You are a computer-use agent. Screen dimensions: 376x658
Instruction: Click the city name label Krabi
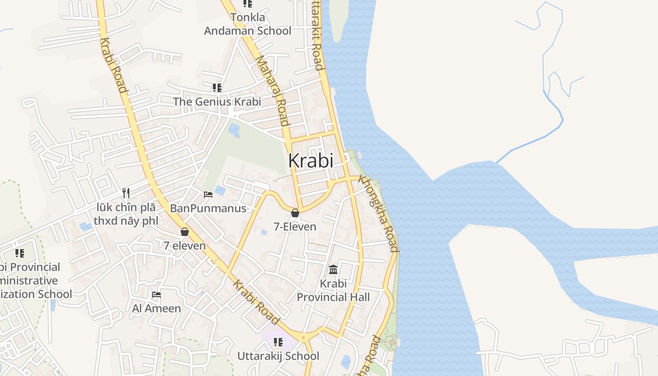311,161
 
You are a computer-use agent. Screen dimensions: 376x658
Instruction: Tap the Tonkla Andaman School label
248,24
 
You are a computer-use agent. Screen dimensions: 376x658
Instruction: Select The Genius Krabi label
217,102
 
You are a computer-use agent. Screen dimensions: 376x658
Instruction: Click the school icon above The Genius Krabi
217,88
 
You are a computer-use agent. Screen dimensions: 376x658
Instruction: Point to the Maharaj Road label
273,91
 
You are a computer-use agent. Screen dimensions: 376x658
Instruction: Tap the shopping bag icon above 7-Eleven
295,213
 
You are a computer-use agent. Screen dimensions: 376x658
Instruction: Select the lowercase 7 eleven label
185,246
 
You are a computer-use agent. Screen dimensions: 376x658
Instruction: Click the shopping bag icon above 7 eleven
185,232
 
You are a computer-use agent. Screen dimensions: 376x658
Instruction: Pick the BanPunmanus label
208,208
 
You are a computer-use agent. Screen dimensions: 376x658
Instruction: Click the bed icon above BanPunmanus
208,194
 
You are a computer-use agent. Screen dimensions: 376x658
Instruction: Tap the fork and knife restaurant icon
125,193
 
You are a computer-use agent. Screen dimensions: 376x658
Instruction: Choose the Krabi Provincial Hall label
333,290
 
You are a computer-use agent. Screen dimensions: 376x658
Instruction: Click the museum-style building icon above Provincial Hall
333,269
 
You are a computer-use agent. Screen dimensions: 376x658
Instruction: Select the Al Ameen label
157,308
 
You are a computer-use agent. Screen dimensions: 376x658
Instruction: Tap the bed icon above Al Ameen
157,295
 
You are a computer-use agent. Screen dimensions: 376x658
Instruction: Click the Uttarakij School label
278,356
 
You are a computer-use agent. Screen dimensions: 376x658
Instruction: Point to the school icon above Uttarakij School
278,342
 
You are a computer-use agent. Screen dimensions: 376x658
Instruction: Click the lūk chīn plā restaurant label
125,214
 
